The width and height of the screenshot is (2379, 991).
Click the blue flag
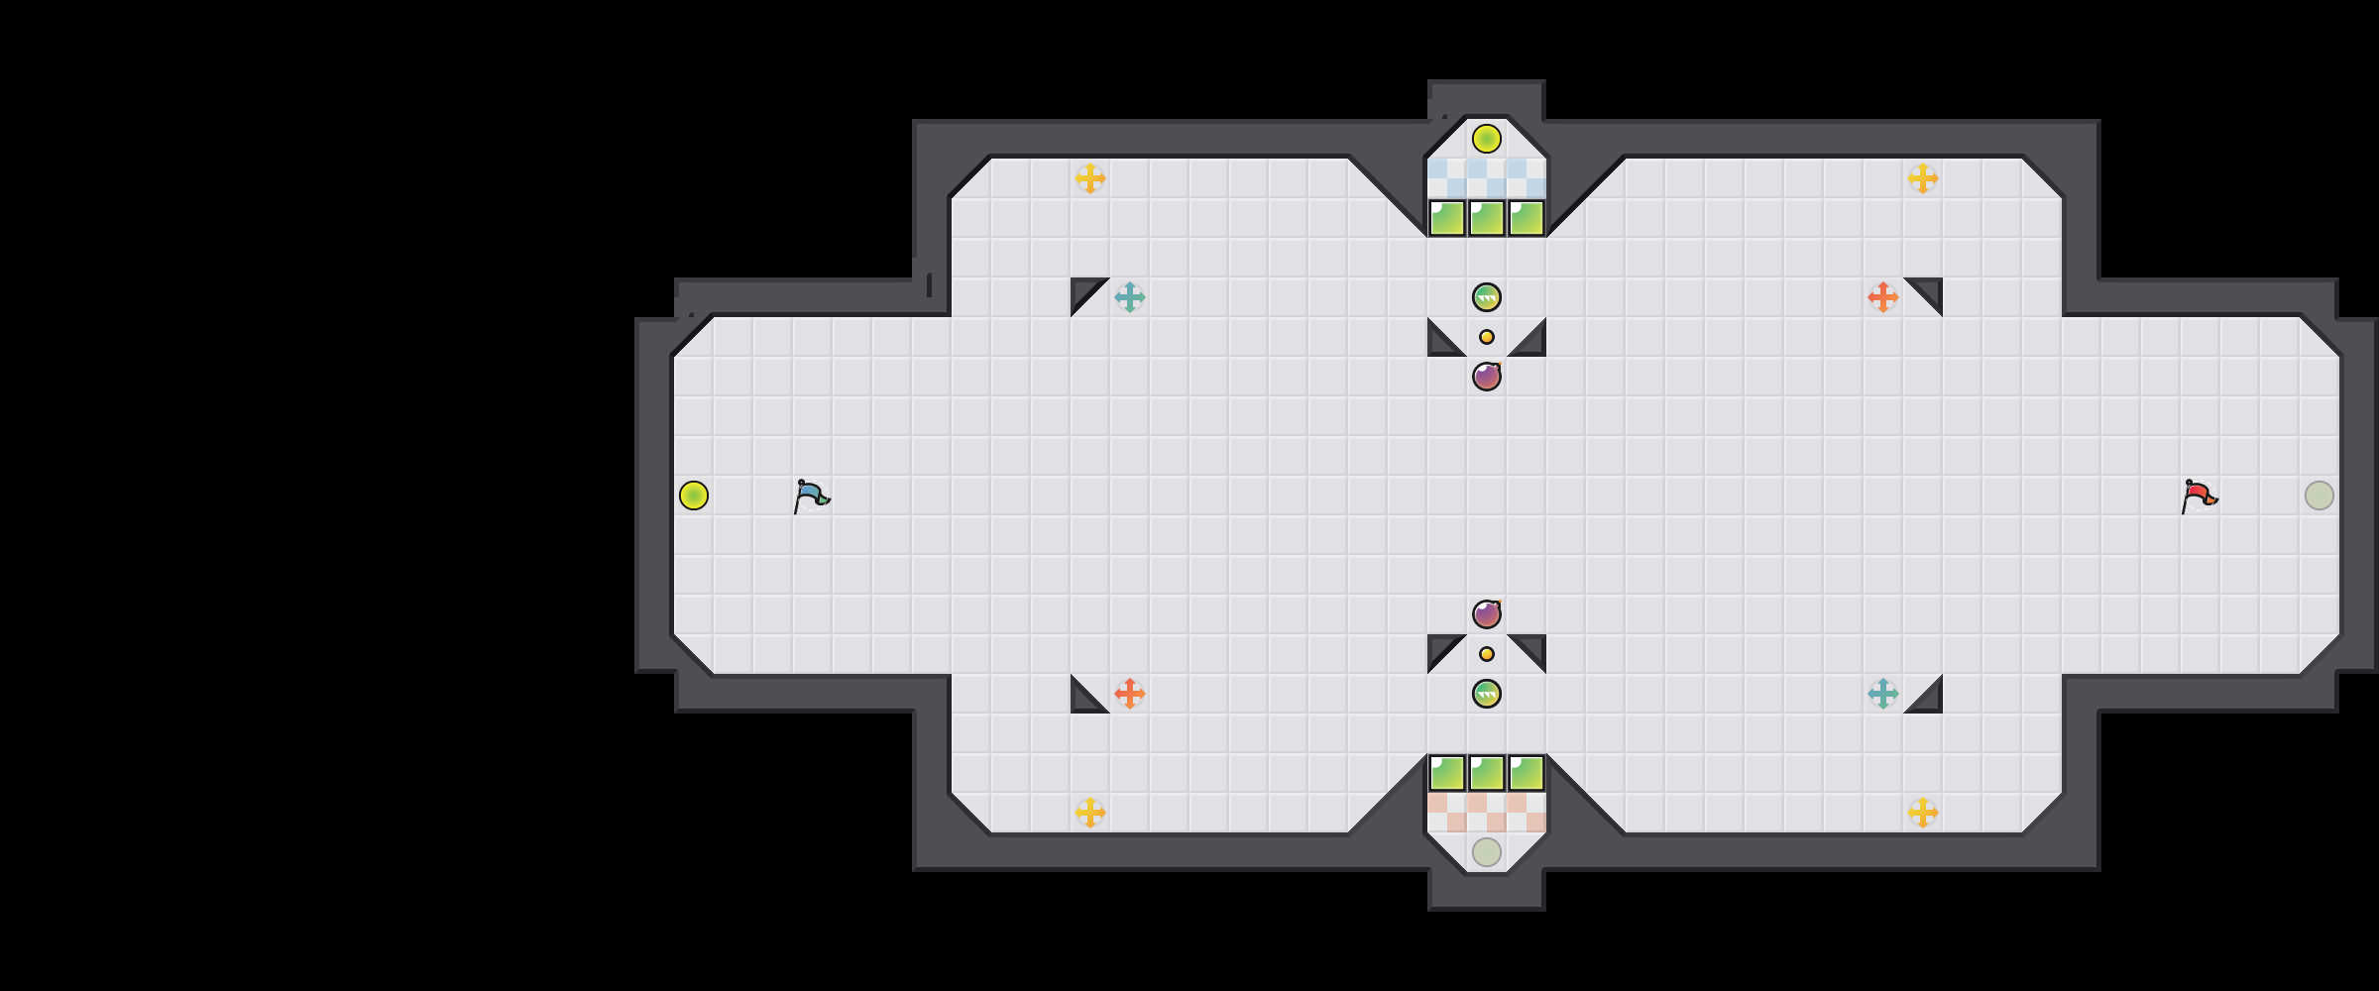[x=811, y=495]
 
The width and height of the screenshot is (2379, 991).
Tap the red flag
[x=2199, y=495]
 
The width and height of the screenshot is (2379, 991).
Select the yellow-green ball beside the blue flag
[x=694, y=495]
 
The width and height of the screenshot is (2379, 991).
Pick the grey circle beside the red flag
[x=2320, y=495]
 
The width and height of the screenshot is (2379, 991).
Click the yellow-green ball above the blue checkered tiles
[x=1487, y=139]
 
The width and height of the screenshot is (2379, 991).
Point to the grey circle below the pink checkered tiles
[x=1487, y=852]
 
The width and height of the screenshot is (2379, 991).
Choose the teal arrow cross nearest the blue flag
[x=1130, y=297]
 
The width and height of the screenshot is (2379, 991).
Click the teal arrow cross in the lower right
[x=1883, y=694]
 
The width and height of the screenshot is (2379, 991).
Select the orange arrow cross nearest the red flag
[x=1883, y=297]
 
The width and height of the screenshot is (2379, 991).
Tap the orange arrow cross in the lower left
[x=1130, y=694]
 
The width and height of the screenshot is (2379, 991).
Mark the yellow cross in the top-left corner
[x=1090, y=178]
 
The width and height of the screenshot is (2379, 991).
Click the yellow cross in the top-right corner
[x=1923, y=178]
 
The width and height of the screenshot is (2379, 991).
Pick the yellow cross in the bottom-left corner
[x=1090, y=813]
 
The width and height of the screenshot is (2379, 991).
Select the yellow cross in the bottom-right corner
[x=1923, y=813]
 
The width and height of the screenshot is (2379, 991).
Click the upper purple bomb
[x=1487, y=377]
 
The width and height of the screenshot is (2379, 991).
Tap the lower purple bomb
[x=1487, y=614]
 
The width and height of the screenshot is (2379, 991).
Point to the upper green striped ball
[x=1487, y=297]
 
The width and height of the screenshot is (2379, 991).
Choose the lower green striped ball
[x=1487, y=694]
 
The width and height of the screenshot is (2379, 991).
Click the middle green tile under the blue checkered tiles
[x=1487, y=218]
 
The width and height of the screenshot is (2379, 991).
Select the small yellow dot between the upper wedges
[x=1487, y=337]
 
